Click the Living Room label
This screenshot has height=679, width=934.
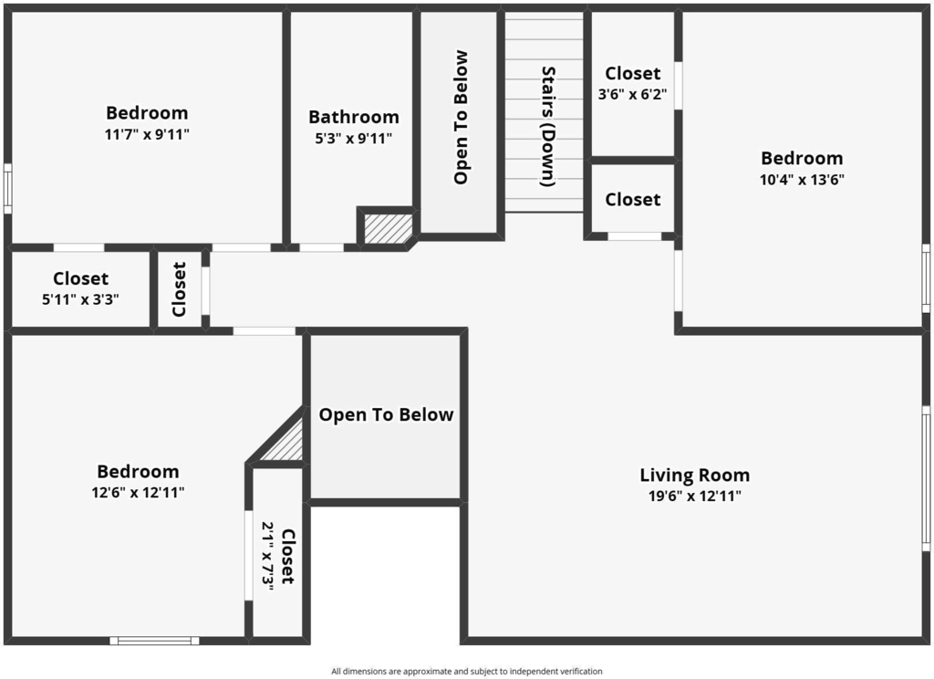click(x=694, y=475)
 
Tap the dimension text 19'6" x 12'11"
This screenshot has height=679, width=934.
click(x=694, y=496)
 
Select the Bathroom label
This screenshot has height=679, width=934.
click(x=354, y=117)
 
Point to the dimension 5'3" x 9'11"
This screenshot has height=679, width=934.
click(x=354, y=139)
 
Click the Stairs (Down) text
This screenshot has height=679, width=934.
click(x=548, y=126)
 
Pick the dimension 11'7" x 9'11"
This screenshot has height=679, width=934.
click(x=147, y=134)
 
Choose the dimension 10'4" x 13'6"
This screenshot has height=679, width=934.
click(x=802, y=180)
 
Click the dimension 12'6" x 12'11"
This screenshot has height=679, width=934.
click(x=139, y=493)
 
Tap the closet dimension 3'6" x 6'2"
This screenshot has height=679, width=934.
click(x=633, y=94)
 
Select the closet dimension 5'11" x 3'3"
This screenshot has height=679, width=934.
click(x=80, y=299)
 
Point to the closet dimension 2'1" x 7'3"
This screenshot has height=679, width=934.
click(x=268, y=556)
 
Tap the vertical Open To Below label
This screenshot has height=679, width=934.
click(x=461, y=118)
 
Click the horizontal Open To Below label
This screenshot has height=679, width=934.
click(x=386, y=415)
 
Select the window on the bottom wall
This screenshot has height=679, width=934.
click(x=154, y=641)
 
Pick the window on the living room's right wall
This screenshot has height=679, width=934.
click(x=927, y=478)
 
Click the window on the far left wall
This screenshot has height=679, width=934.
click(x=7, y=188)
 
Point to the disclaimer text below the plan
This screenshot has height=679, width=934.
click(x=467, y=672)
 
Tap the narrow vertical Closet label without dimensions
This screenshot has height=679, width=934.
click(x=179, y=289)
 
